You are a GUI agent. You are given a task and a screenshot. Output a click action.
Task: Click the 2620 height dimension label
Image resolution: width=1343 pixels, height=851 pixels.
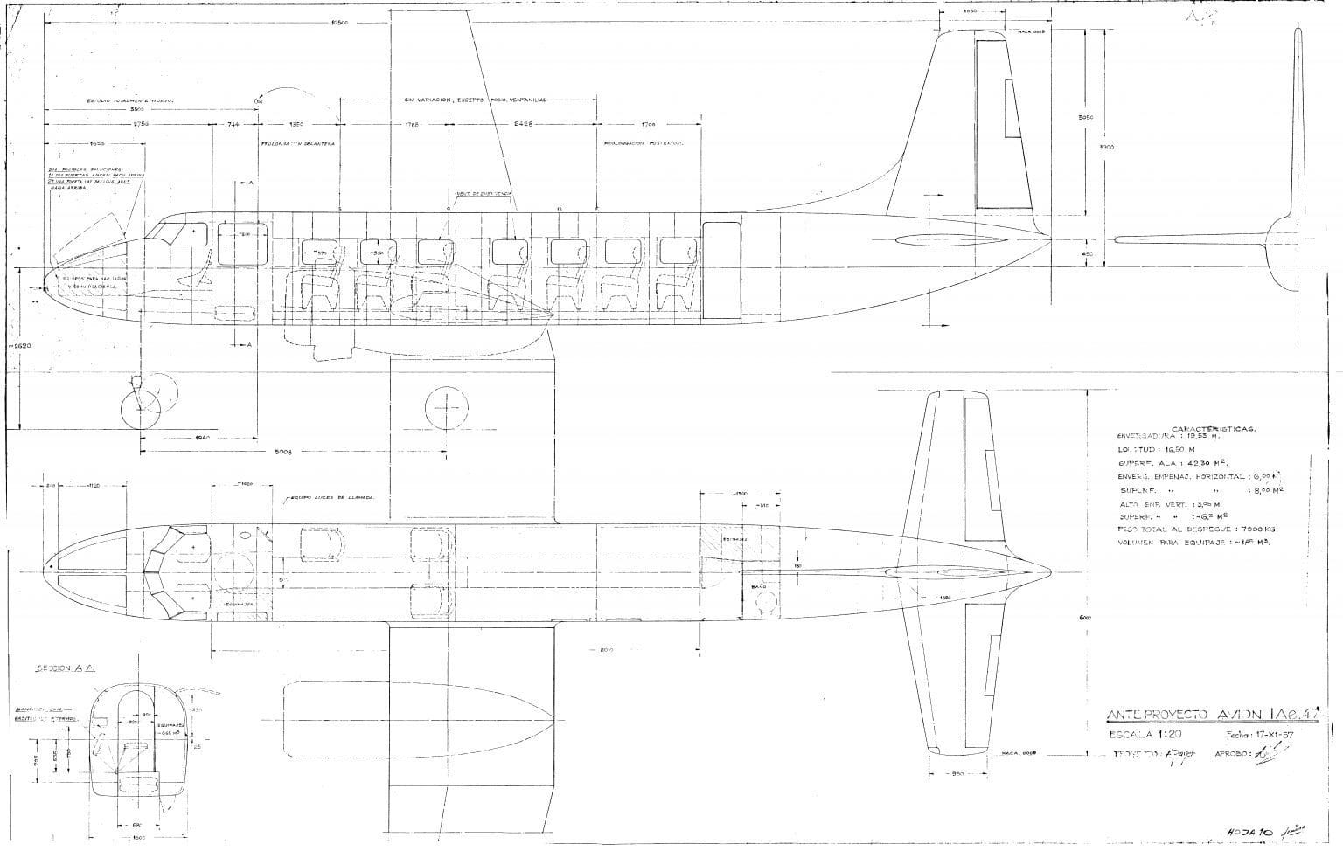click(20, 346)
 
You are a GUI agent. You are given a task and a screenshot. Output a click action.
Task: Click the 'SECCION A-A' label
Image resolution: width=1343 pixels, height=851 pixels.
click(66, 668)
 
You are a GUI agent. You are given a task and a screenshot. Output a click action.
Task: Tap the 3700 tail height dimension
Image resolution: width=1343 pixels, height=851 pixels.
click(1108, 147)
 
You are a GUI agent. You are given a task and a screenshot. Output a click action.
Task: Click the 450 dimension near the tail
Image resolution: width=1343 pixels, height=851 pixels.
click(1088, 253)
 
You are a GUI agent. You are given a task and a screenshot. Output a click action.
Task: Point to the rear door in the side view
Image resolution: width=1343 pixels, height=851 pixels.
click(721, 269)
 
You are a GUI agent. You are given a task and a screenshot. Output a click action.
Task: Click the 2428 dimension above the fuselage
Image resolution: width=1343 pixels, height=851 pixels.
click(524, 125)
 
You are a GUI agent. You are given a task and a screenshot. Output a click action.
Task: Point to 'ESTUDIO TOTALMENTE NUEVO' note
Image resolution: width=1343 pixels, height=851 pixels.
click(129, 100)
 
